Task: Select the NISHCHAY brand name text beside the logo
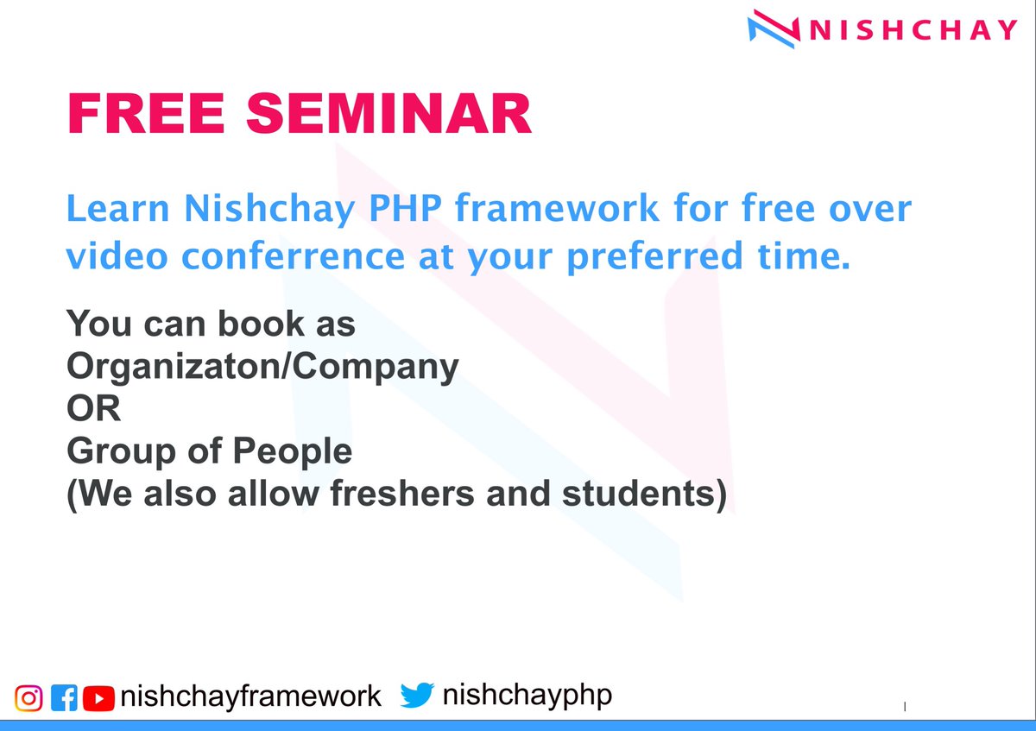(x=913, y=29)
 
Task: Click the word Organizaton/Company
(x=262, y=367)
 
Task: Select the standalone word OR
(x=94, y=408)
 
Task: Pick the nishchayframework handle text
(x=250, y=696)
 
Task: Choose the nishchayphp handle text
(x=527, y=695)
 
